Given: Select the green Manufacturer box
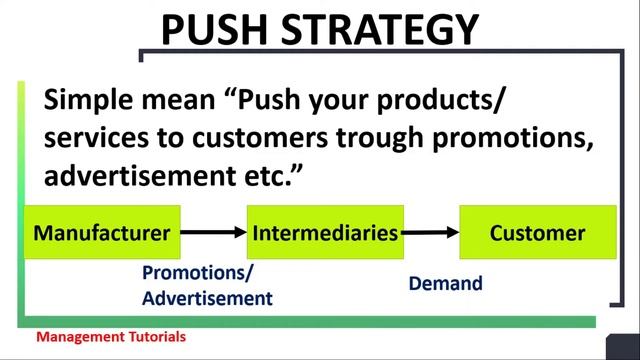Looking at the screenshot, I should (102, 233).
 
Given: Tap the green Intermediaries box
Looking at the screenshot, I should (326, 233).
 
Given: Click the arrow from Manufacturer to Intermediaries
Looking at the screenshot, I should (214, 233).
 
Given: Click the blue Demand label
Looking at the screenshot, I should (446, 284).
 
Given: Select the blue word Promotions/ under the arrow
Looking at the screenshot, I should (198, 273).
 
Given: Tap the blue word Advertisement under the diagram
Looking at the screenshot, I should (207, 298).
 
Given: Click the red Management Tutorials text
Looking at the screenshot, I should (111, 338).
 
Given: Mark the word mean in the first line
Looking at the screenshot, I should (181, 101).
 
